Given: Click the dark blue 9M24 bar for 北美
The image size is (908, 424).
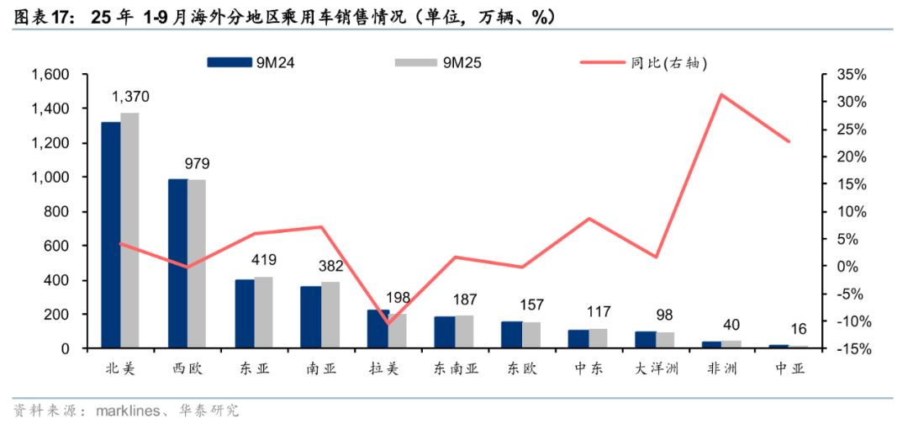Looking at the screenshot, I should (x=110, y=236).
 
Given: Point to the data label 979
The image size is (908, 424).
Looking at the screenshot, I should (x=197, y=164).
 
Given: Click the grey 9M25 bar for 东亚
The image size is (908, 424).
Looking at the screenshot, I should (x=263, y=312).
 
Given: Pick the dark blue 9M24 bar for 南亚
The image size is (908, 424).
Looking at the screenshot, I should (x=310, y=317).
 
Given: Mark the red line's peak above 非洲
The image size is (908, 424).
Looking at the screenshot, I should (x=721, y=94).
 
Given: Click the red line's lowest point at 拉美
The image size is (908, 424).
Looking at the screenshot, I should (x=388, y=323).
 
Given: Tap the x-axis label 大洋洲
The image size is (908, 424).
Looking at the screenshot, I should (x=656, y=368).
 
